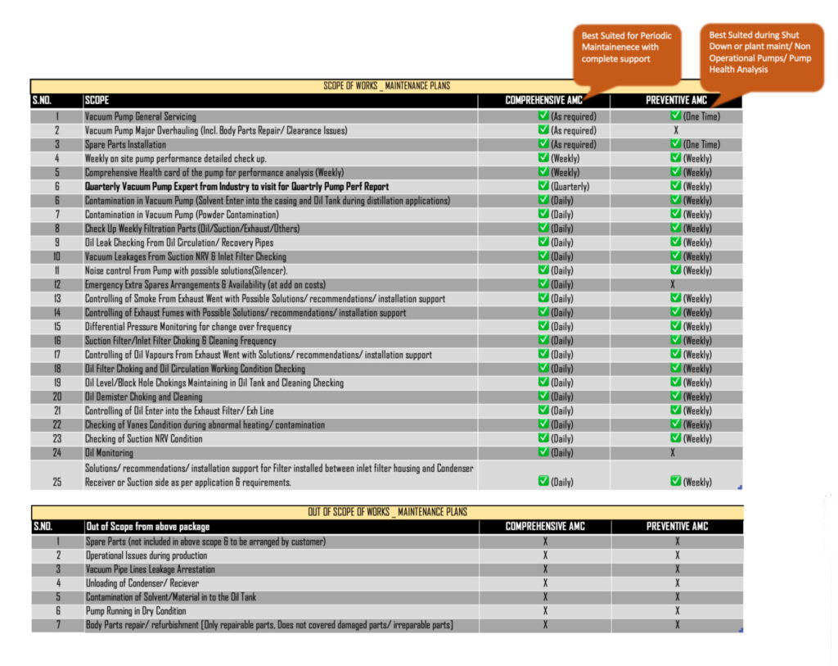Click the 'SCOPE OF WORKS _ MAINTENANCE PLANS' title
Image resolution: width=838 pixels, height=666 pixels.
click(x=386, y=85)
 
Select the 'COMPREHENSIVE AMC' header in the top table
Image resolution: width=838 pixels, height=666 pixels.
click(x=544, y=101)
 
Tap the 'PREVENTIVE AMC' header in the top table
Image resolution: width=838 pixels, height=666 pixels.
click(x=676, y=101)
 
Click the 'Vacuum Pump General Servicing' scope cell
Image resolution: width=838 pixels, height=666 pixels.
click(x=140, y=116)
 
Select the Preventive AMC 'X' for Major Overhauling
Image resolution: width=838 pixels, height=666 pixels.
click(x=676, y=130)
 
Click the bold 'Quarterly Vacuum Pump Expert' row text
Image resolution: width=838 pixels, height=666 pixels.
click(x=237, y=186)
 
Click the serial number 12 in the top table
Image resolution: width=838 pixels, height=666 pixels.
click(x=56, y=284)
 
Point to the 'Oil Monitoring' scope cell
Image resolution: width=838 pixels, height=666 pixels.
click(x=108, y=452)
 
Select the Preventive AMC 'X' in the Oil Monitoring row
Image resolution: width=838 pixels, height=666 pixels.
click(x=673, y=452)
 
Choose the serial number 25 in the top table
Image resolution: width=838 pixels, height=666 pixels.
click(x=56, y=482)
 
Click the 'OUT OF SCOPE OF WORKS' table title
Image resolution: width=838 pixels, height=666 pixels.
click(x=387, y=512)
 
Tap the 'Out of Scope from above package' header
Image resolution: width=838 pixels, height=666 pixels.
click(x=147, y=526)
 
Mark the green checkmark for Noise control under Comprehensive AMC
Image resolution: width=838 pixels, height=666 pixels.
click(x=543, y=270)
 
